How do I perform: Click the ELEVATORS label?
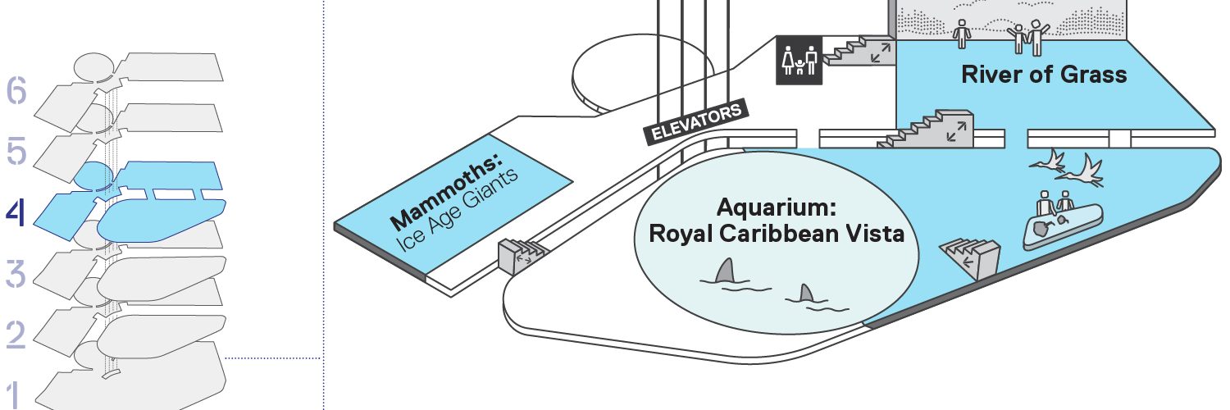click(x=696, y=122)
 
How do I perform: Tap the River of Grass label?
click(x=1044, y=75)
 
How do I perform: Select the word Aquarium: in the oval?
click(x=777, y=207)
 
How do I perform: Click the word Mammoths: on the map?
click(x=446, y=191)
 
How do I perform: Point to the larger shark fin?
click(x=726, y=271)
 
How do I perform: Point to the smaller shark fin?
click(x=805, y=293)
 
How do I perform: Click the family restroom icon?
click(x=799, y=61)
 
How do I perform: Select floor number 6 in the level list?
click(x=16, y=90)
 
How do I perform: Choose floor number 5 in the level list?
click(x=16, y=151)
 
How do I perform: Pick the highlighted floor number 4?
click(x=16, y=212)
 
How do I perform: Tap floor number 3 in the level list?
click(x=16, y=273)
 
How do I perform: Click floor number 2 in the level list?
click(x=16, y=335)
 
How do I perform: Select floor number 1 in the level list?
click(x=15, y=395)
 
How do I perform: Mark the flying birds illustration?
click(x=1066, y=166)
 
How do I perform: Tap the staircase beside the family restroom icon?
click(x=860, y=51)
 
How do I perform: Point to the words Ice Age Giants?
click(x=457, y=209)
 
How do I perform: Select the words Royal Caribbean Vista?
click(x=777, y=234)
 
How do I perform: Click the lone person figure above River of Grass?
click(x=962, y=34)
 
